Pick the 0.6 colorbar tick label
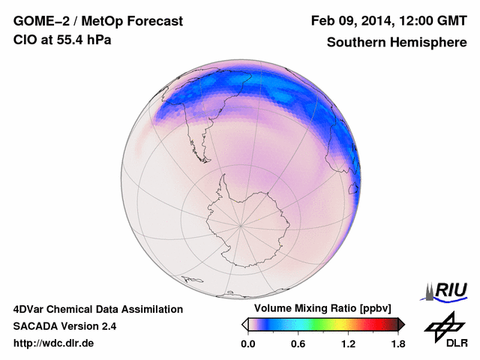(x=298, y=344)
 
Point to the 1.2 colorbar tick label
(x=348, y=344)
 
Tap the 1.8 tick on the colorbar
(x=398, y=344)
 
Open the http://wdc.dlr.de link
(x=54, y=344)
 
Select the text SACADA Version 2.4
(x=64, y=326)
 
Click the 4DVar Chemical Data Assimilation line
(x=97, y=309)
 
